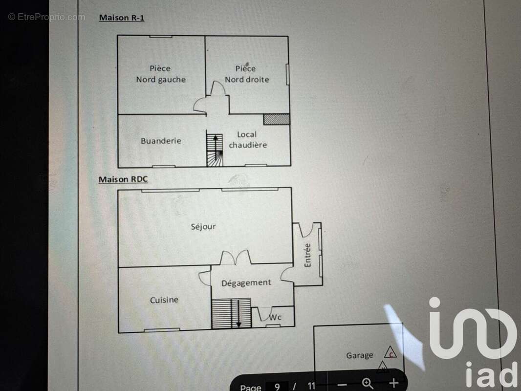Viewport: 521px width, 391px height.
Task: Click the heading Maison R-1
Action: [122, 18]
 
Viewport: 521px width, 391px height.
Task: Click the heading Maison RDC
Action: [123, 179]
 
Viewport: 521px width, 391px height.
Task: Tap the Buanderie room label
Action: [161, 141]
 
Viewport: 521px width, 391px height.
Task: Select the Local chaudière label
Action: [248, 139]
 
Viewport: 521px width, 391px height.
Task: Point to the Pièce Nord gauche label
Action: [161, 74]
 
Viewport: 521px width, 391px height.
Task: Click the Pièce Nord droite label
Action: [247, 74]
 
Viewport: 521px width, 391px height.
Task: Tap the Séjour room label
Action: [203, 227]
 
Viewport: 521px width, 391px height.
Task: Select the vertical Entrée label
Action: [307, 255]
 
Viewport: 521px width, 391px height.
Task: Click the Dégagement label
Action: [246, 282]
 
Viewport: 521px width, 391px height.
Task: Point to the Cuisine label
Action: [164, 300]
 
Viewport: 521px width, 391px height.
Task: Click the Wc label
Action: [275, 317]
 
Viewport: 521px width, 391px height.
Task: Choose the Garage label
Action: [360, 355]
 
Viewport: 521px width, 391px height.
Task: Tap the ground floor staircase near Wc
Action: [231, 313]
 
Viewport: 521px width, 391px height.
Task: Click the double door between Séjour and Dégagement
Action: [236, 258]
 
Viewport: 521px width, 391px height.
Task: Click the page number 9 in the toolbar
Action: [277, 386]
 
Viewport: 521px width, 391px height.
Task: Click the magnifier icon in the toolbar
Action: [368, 384]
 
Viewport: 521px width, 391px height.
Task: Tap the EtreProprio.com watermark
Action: [46, 17]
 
